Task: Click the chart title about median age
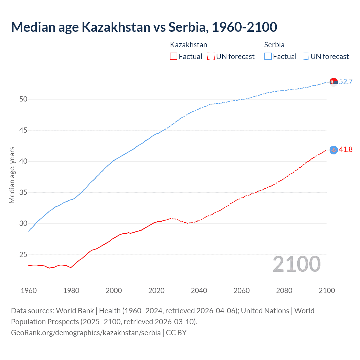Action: [144, 27]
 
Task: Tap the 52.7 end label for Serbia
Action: [346, 82]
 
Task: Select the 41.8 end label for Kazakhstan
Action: [346, 149]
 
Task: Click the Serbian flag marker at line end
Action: [334, 82]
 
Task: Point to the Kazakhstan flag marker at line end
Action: [334, 150]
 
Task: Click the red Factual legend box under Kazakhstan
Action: [174, 57]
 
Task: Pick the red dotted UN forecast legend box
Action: [211, 57]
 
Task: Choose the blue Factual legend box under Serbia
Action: [268, 57]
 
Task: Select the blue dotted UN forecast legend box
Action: [305, 57]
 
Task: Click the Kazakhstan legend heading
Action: [188, 45]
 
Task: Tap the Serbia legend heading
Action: [274, 45]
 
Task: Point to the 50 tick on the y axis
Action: [23, 99]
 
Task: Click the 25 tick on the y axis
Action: [23, 255]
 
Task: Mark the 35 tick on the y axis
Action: [23, 193]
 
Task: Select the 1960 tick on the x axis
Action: [29, 291]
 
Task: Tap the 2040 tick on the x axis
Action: [199, 291]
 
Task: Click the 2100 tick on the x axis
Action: [327, 291]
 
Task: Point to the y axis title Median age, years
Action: [12, 175]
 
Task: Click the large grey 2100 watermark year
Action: [296, 264]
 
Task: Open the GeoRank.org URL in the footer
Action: [86, 333]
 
